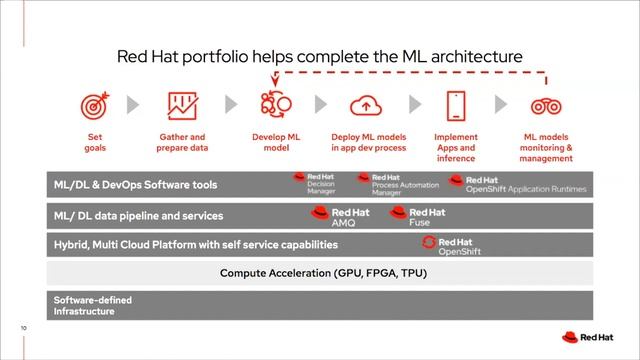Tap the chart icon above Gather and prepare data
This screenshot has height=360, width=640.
(181, 105)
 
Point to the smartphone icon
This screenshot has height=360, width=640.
(455, 105)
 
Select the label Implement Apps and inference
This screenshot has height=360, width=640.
(455, 147)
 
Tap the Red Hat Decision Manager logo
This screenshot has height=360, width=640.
(314, 182)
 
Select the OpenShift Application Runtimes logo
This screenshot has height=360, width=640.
(510, 184)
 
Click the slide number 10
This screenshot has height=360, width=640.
(23, 327)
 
